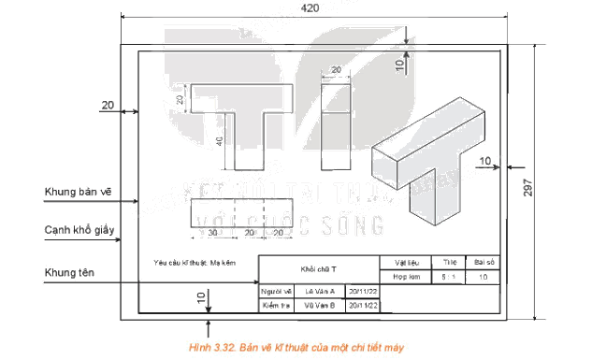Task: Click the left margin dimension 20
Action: (x=108, y=106)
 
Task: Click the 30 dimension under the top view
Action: (x=213, y=232)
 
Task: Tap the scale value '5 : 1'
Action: (x=450, y=277)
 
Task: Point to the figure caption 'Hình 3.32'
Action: (x=296, y=346)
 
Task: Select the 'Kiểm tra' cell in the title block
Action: (x=274, y=305)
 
